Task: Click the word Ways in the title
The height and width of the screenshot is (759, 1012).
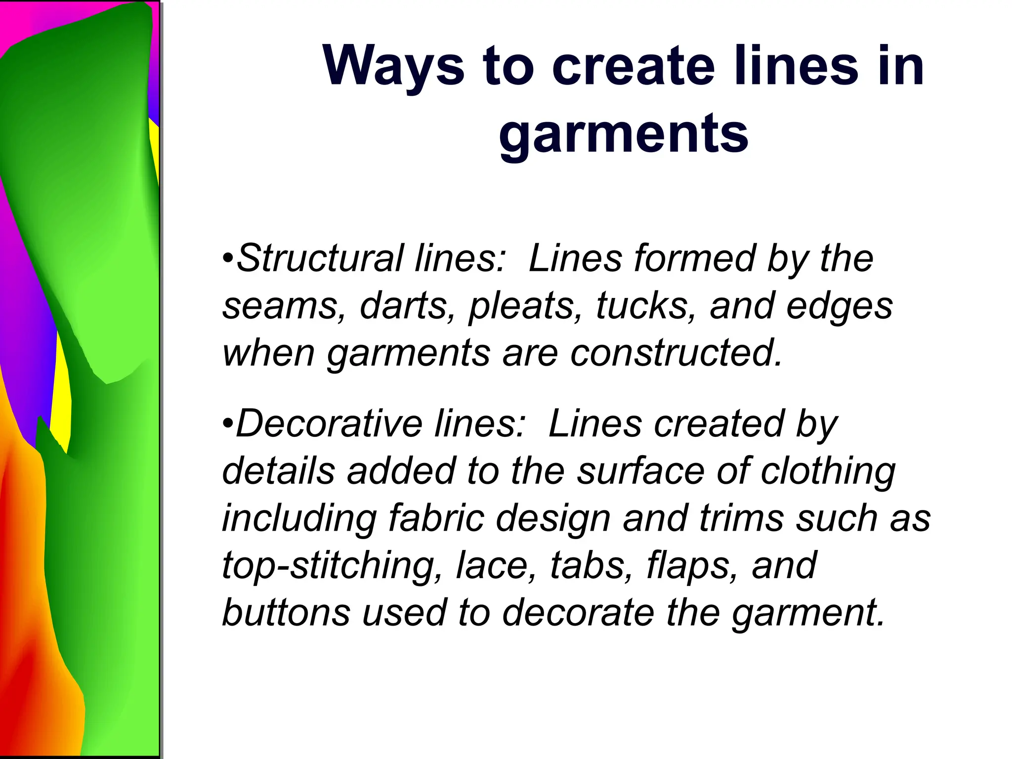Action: pyautogui.click(x=393, y=67)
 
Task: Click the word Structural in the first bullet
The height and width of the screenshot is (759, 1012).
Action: pyautogui.click(x=320, y=258)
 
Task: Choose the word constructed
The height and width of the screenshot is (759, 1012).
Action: pyautogui.click(x=676, y=353)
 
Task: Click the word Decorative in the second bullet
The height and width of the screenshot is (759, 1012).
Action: pyautogui.click(x=329, y=424)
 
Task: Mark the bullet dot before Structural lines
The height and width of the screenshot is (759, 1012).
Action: pyautogui.click(x=228, y=259)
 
